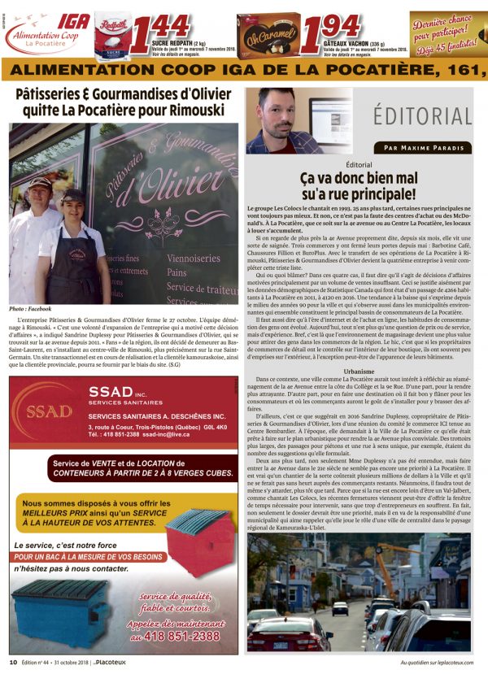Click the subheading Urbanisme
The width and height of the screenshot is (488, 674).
coord(359,370)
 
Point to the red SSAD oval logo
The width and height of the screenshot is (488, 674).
coord(48,411)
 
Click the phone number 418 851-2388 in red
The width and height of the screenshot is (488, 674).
coord(185,636)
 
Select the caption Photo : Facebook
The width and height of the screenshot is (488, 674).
coord(29,309)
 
